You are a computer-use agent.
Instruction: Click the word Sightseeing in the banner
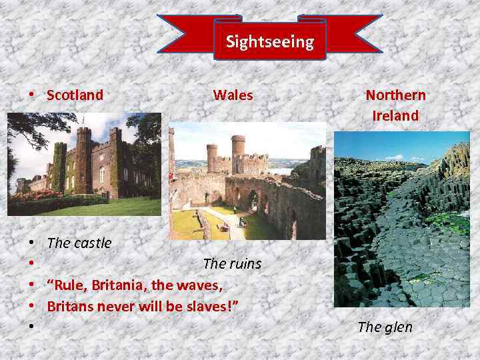269,42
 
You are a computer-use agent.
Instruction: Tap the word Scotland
75,95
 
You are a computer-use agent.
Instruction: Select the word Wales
233,95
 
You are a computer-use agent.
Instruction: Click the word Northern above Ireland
395,95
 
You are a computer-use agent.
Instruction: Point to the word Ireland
395,116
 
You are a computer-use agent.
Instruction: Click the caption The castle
79,243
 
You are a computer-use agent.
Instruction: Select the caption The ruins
232,264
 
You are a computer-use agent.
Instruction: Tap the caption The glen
385,327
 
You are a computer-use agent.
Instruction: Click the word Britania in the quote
119,285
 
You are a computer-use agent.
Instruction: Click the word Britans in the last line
70,307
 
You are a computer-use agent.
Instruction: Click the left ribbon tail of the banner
184,33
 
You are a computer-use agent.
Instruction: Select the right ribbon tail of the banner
353,33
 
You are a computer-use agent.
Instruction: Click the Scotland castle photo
84,164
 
